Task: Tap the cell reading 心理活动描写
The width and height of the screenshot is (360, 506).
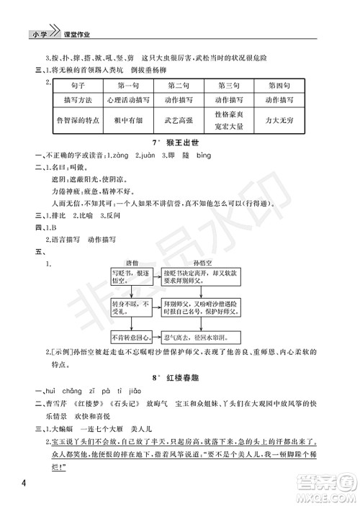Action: (x=126, y=99)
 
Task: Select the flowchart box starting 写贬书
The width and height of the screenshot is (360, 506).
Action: (x=130, y=279)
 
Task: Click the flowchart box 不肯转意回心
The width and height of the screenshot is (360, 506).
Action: (x=130, y=337)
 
